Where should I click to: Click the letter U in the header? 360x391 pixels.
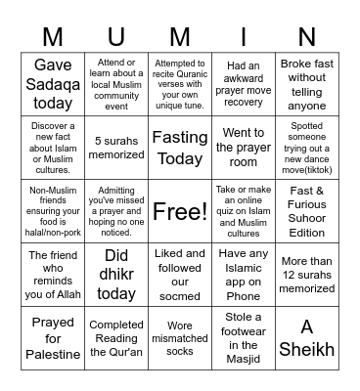116,36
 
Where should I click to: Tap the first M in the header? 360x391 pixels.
54,36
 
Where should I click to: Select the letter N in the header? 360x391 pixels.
306,36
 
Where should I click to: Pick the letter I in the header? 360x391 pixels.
244,36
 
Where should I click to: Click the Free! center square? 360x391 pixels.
180,211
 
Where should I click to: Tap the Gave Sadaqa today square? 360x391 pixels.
54,84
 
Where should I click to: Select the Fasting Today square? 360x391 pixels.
180,148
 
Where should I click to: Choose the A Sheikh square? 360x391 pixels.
306,337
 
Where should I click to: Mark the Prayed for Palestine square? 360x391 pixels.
54,337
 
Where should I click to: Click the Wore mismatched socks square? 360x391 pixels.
180,337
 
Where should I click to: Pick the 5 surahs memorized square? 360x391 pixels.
116,148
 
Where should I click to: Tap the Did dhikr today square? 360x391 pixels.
116,275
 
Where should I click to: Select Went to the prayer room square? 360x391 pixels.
244,148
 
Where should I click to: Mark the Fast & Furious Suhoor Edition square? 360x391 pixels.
306,211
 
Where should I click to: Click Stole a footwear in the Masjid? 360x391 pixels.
244,337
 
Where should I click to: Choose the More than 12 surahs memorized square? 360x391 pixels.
306,275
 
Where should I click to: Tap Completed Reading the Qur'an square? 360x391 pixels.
116,337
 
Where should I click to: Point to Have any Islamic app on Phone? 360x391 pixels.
244,275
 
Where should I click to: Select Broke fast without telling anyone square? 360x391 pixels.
306,84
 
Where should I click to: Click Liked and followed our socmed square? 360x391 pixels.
180,275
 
